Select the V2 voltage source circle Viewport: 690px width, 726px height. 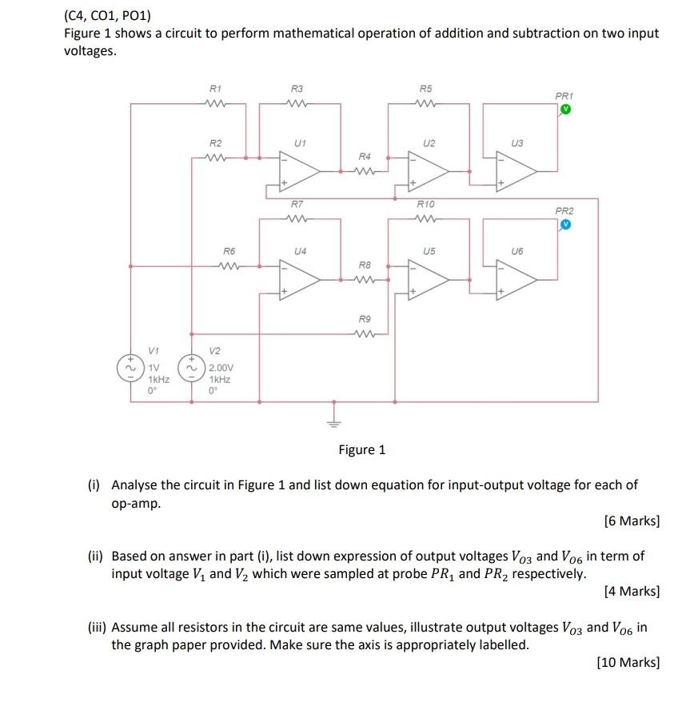tap(191, 369)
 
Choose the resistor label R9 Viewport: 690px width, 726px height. tap(365, 319)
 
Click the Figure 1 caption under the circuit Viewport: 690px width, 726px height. tap(361, 449)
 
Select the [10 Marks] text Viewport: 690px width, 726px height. tap(628, 662)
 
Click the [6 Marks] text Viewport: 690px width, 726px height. tap(632, 521)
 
